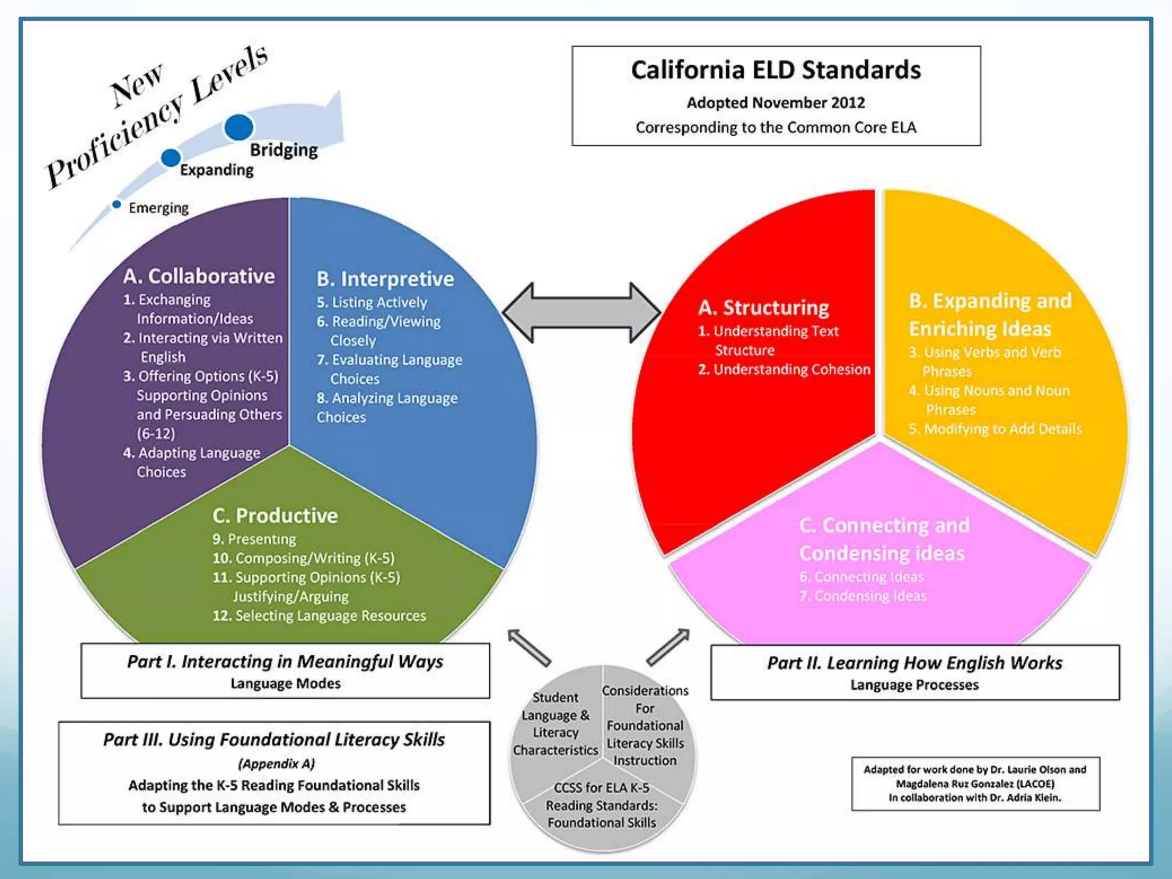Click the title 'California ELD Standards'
tap(775, 70)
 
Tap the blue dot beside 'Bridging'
tap(239, 128)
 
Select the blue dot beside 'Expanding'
tap(171, 157)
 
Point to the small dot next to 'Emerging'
tap(117, 204)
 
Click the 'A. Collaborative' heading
tap(199, 276)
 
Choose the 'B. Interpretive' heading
tap(385, 279)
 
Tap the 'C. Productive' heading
tap(275, 516)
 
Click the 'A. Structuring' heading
tap(763, 308)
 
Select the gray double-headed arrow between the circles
tap(581, 312)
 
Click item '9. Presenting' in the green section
tap(254, 539)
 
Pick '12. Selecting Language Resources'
tap(319, 616)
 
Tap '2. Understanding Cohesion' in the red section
tap(784, 370)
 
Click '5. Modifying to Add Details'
tap(995, 429)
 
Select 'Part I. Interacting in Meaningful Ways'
tap(285, 662)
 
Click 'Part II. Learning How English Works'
tap(914, 663)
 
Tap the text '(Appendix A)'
tap(276, 764)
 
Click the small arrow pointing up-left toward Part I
tap(529, 647)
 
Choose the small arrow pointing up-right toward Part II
tap(668, 647)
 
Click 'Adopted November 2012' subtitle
tap(775, 103)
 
